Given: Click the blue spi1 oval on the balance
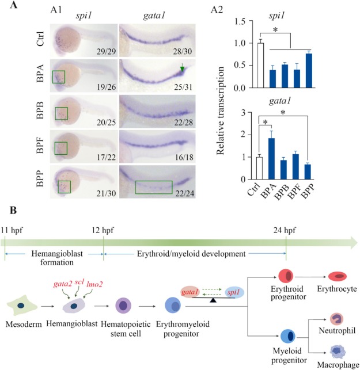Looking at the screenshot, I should click(x=236, y=292).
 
